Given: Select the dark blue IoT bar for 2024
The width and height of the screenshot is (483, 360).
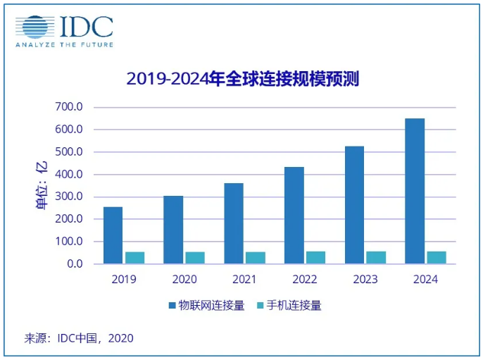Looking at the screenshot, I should click(415, 191).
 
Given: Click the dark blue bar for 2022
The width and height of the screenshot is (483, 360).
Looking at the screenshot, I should click(294, 215).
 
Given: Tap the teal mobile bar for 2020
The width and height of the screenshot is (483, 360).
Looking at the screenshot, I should click(195, 258).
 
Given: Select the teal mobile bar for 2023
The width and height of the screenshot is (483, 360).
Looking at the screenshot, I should click(376, 257).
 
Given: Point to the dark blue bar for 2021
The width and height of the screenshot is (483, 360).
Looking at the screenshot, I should click(233, 223).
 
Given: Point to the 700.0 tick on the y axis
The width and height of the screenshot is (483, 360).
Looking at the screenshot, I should click(69, 107).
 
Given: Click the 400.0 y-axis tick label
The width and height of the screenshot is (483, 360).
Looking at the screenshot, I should click(69, 174).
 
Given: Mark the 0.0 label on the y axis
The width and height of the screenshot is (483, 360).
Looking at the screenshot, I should click(74, 263).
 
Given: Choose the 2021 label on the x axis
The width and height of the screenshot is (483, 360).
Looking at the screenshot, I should click(244, 279).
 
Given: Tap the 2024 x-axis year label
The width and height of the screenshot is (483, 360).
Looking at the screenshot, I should click(425, 279).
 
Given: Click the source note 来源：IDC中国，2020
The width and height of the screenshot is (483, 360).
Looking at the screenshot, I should click(79, 338).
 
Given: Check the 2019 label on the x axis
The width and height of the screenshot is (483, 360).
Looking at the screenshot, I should click(124, 279).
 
